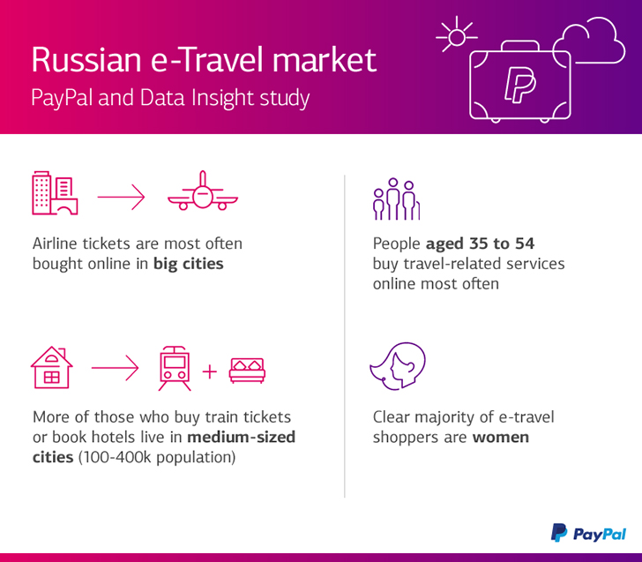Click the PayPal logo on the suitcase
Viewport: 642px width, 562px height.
[520, 85]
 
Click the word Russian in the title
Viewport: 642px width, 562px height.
[86, 60]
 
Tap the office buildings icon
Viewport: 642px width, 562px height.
[55, 193]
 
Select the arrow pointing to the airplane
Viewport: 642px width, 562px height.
[121, 197]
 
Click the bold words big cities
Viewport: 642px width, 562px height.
[189, 264]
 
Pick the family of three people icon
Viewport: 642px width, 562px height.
[396, 199]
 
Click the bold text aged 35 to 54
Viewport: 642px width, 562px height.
[481, 244]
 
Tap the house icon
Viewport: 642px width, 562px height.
[51, 367]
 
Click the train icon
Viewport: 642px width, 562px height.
[175, 368]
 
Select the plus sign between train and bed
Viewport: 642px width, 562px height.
[210, 372]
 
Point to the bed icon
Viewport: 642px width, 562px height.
[247, 371]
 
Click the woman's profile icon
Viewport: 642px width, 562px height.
[398, 366]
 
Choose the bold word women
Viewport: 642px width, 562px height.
[501, 438]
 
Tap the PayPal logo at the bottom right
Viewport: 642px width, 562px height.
[588, 533]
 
